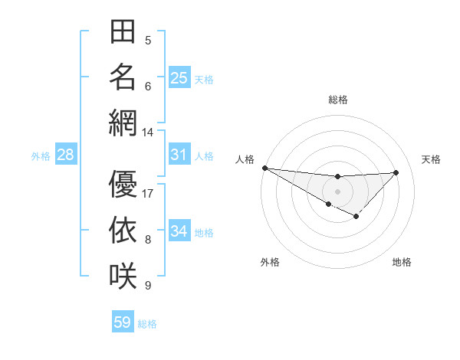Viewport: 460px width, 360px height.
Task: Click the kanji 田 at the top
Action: (x=123, y=33)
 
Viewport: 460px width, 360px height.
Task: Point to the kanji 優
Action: (x=123, y=184)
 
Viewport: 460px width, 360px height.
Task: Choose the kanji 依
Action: (x=123, y=230)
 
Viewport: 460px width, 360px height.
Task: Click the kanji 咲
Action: (x=123, y=275)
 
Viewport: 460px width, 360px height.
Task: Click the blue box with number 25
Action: (x=179, y=77)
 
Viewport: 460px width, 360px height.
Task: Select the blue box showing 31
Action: (x=179, y=155)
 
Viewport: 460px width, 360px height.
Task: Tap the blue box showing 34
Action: (x=179, y=231)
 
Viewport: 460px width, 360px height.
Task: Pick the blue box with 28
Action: (x=66, y=155)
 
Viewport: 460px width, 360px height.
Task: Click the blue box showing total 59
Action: (x=123, y=322)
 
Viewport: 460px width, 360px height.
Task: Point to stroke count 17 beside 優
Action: (x=148, y=194)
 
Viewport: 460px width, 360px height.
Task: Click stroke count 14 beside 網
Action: (x=148, y=132)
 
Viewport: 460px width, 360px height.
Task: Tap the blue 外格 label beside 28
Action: (x=41, y=156)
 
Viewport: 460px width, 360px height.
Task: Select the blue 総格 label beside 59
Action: (x=147, y=324)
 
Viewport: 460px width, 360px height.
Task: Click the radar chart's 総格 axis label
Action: (x=337, y=100)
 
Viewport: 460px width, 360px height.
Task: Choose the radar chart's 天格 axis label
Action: (x=432, y=159)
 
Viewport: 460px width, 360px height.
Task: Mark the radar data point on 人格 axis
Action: (x=264, y=168)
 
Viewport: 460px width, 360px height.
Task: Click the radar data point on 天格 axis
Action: (x=396, y=172)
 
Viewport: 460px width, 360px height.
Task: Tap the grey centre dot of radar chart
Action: (x=337, y=191)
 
